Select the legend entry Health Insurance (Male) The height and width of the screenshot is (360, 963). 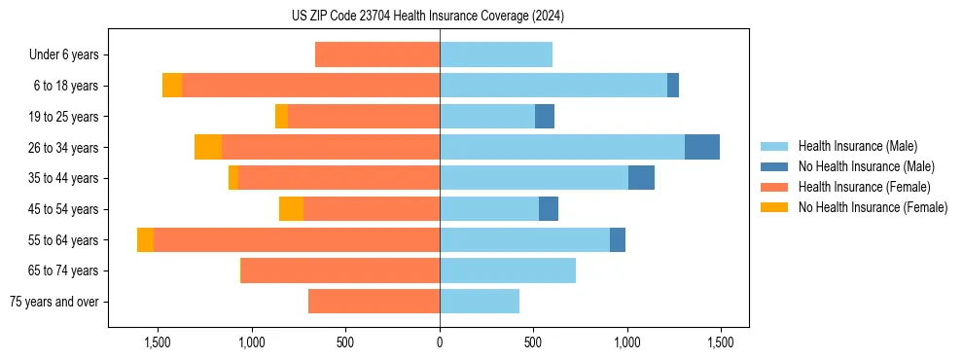(x=857, y=146)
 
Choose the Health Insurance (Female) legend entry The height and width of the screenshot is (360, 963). (x=864, y=187)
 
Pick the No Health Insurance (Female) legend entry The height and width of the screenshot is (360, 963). (x=873, y=207)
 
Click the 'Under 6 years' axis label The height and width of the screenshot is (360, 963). (x=64, y=55)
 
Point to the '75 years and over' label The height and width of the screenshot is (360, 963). (x=54, y=302)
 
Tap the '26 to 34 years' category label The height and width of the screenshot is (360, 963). (x=65, y=148)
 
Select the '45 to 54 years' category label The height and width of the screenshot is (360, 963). (x=65, y=209)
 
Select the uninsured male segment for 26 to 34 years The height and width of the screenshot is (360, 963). (x=702, y=147)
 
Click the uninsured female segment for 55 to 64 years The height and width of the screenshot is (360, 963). (x=145, y=239)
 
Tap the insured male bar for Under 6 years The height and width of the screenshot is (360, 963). (x=496, y=54)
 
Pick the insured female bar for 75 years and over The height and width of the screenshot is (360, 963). (x=374, y=302)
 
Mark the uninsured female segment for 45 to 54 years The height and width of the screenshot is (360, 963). (x=291, y=209)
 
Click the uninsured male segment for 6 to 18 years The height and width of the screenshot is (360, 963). (x=673, y=86)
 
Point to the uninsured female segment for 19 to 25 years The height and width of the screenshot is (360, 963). (x=281, y=117)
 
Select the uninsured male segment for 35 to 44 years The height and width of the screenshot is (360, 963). (x=641, y=178)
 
